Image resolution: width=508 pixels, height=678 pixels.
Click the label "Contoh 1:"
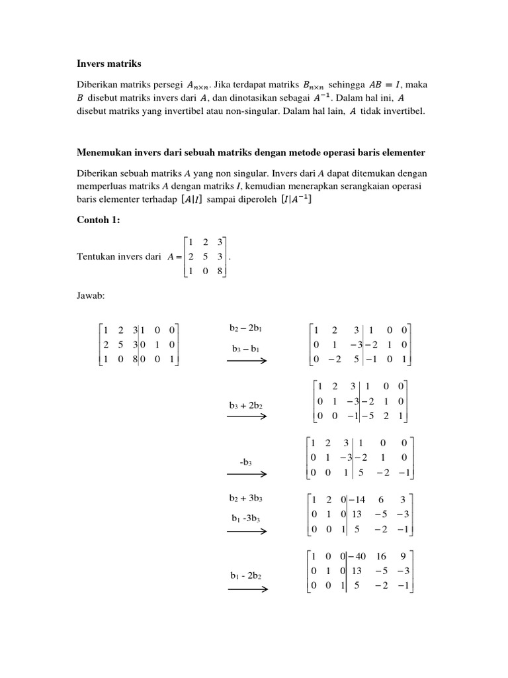(x=98, y=220)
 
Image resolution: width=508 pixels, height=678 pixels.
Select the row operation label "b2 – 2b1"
(x=246, y=328)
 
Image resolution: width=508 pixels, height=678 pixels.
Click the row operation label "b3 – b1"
(x=246, y=348)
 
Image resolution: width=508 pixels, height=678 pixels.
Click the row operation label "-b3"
(x=246, y=461)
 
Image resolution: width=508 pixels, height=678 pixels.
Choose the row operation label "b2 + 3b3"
(x=247, y=497)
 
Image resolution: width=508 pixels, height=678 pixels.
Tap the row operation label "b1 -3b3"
(x=246, y=517)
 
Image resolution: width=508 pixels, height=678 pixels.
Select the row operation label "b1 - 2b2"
(x=246, y=575)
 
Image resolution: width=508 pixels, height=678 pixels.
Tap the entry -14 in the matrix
(x=359, y=499)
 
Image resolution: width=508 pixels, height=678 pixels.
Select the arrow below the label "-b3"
(x=247, y=474)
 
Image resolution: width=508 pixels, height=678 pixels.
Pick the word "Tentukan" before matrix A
(x=97, y=256)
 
